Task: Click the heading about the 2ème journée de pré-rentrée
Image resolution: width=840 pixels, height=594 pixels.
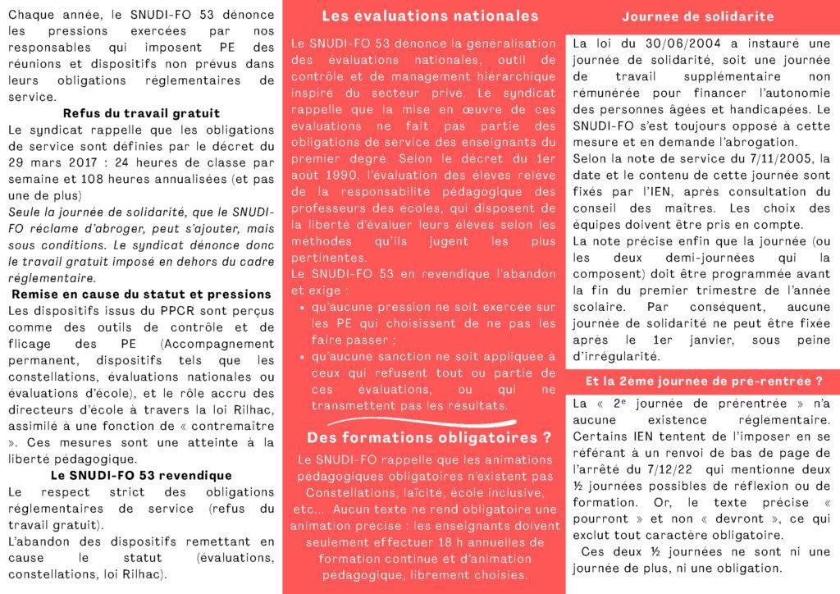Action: pyautogui.click(x=703, y=381)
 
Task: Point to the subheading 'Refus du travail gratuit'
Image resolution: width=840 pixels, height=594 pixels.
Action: pyautogui.click(x=141, y=113)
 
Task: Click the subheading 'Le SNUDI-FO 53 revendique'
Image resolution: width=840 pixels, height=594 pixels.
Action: pyautogui.click(x=141, y=475)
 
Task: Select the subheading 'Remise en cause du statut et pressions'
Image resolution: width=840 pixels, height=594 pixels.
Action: pyautogui.click(x=141, y=294)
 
